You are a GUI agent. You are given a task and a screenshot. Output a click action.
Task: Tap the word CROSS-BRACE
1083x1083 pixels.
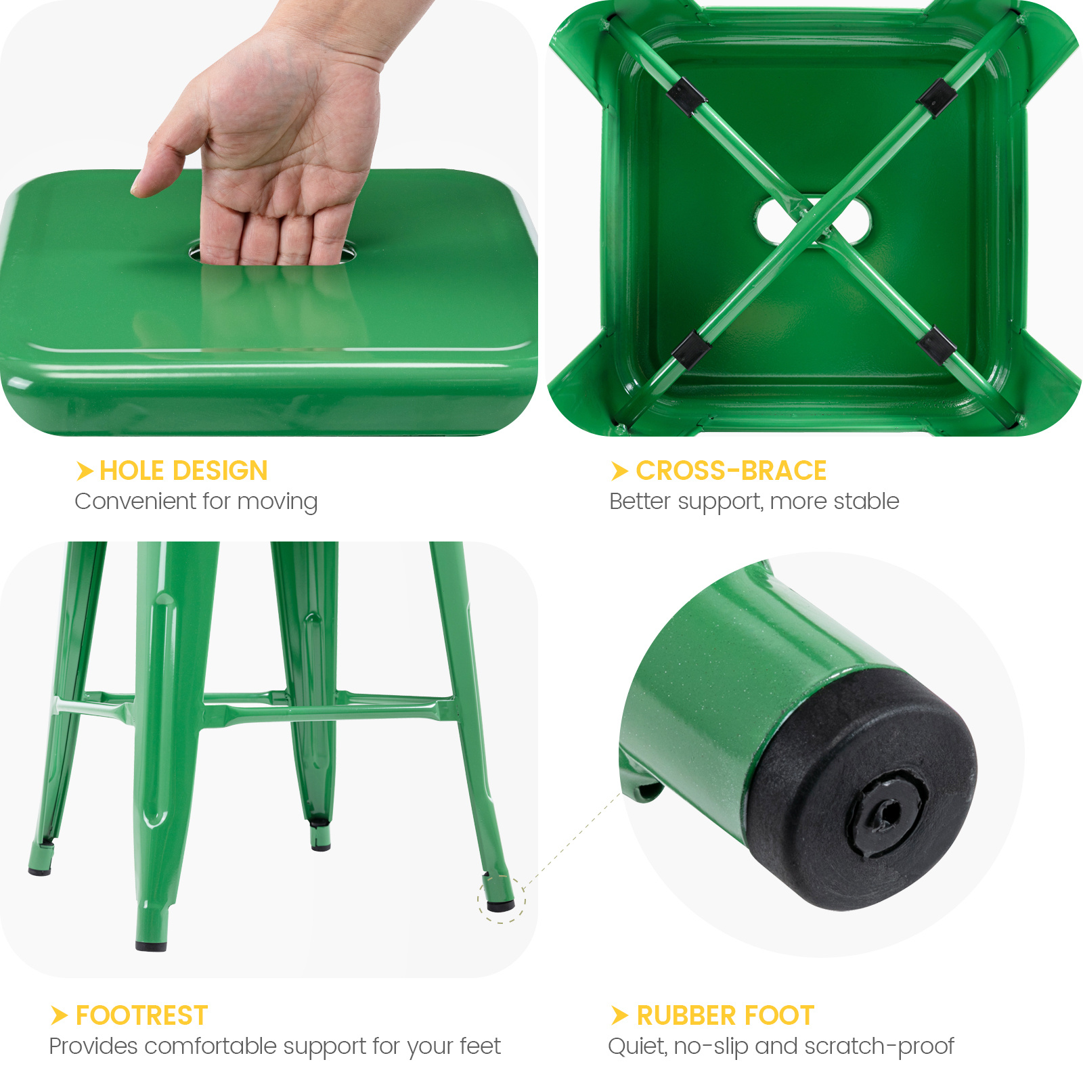coord(731,470)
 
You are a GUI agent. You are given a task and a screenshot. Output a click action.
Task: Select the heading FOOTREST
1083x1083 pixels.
coord(141,1015)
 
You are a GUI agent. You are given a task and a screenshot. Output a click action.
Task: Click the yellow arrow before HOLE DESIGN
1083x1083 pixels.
coord(85,470)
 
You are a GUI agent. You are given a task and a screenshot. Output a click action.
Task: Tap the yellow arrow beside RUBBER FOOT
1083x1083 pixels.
coord(619,1015)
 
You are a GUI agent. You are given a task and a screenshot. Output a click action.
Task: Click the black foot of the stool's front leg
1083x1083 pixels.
coord(151,945)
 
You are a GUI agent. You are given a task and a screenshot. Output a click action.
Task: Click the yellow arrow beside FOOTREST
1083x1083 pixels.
coord(60,1015)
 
